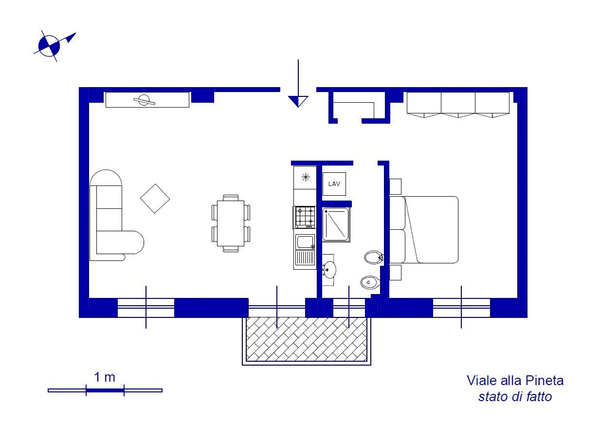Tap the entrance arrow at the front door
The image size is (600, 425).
[298, 100]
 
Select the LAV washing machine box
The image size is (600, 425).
[334, 184]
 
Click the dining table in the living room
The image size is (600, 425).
[231, 223]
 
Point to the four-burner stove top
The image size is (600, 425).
[305, 217]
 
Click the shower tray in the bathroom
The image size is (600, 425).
[335, 224]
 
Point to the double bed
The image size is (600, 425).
[428, 230]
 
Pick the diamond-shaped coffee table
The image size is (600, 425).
[155, 198]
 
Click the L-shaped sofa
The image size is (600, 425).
[110, 219]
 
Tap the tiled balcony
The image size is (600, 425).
[306, 339]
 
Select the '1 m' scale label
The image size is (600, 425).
[105, 377]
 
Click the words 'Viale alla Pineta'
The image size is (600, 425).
[515, 380]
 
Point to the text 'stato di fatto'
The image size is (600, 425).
[515, 397]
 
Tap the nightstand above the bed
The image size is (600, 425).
[395, 186]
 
